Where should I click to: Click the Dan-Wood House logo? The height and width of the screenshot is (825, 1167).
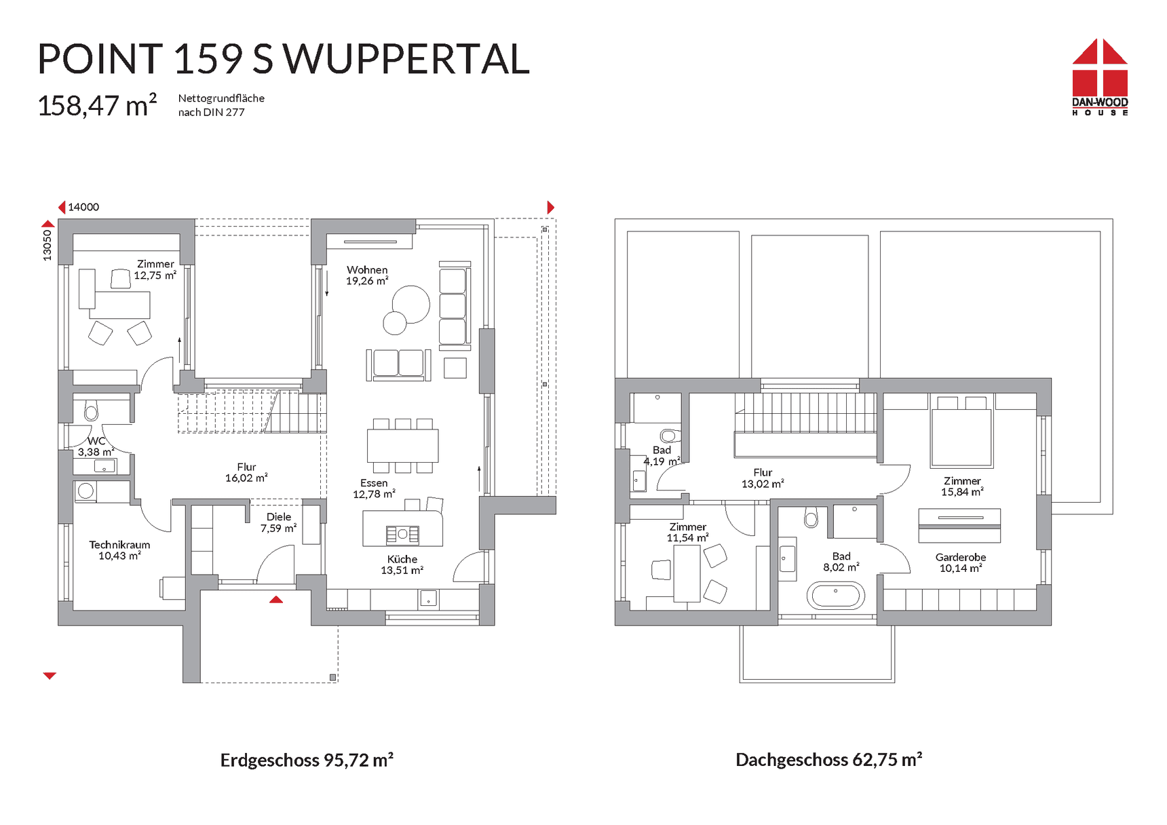tap(1100, 77)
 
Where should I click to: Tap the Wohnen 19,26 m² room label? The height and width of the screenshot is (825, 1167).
tap(367, 275)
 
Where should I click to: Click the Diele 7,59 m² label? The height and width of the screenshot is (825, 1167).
tap(278, 522)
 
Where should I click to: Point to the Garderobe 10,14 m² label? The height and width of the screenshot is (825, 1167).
tap(960, 562)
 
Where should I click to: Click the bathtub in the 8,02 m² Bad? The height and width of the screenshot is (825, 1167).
tap(836, 596)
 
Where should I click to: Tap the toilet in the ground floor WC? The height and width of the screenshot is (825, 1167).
tap(91, 410)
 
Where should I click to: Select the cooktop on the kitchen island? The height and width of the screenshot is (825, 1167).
tap(402, 535)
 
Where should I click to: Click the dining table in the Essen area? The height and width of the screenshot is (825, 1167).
tap(403, 446)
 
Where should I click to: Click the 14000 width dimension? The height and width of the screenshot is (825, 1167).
tap(83, 207)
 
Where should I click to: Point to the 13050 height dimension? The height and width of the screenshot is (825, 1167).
tap(47, 245)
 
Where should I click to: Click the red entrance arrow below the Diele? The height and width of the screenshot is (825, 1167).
tap(276, 599)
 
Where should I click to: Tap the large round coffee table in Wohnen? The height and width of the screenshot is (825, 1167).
tap(410, 305)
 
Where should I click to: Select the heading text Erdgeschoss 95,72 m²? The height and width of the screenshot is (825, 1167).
tap(307, 760)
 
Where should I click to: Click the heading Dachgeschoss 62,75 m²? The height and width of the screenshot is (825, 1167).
tap(828, 760)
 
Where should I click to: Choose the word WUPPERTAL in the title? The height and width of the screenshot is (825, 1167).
tap(406, 59)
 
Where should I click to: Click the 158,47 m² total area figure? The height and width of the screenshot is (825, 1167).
tap(97, 105)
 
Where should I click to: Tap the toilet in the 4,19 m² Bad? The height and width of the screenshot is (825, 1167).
tap(670, 435)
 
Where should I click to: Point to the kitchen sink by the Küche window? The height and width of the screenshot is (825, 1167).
tap(429, 598)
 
